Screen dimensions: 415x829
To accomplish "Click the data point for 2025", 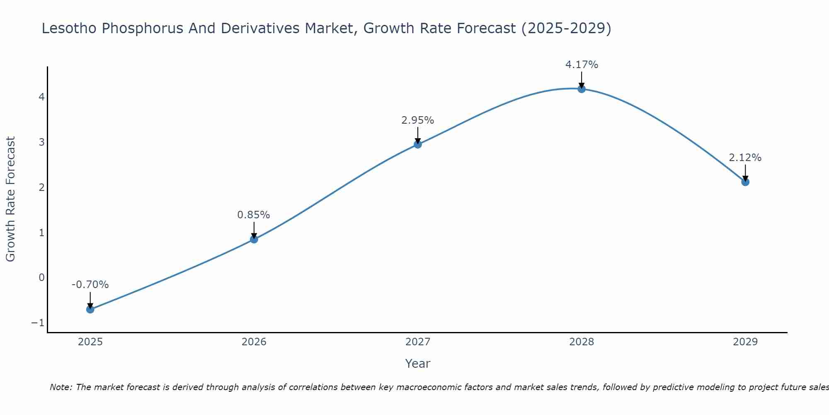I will click(90, 309).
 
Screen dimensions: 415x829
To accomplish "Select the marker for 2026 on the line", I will click(254, 239).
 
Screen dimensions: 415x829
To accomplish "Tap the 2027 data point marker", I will click(418, 144).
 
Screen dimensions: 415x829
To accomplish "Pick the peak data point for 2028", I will click(582, 89).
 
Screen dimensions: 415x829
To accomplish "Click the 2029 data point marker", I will click(745, 182).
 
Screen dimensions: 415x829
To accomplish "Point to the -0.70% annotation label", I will click(90, 285).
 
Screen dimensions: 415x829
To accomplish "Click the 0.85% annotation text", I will click(254, 215).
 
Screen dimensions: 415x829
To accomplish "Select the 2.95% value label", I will click(418, 120).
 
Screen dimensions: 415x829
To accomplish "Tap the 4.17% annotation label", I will click(582, 65).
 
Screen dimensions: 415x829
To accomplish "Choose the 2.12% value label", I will click(745, 158).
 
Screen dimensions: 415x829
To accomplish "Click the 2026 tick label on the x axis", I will click(254, 342).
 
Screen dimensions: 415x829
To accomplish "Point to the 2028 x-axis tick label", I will click(582, 342).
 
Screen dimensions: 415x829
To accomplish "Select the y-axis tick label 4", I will click(41, 97).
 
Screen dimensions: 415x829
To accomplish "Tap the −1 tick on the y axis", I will click(38, 323).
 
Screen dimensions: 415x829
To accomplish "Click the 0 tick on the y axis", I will click(41, 278).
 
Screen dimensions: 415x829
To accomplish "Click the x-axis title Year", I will click(418, 364).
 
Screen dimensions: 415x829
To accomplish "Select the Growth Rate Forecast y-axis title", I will click(10, 199).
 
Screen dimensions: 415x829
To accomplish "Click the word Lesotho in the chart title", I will click(69, 28).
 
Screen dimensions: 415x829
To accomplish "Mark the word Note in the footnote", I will click(61, 387).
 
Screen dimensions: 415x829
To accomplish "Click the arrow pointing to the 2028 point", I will click(582, 80).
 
